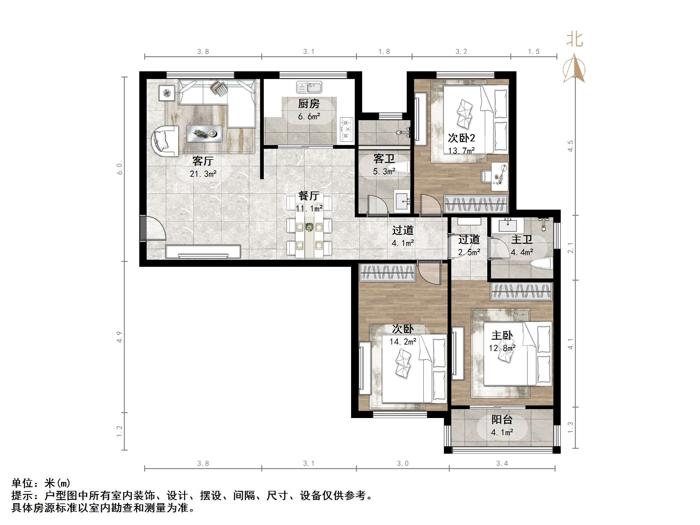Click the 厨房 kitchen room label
(x=309, y=104)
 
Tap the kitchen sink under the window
(x=309, y=87)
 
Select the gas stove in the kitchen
(x=346, y=129)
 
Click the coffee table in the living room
(x=204, y=133)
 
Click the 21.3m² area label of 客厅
(x=203, y=174)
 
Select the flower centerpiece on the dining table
(x=309, y=227)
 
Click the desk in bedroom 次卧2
(x=500, y=176)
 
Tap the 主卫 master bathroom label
(x=521, y=239)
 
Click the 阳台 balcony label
(x=502, y=420)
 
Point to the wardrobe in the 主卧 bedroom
(x=521, y=291)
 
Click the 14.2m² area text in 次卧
(x=402, y=342)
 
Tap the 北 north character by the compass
(x=574, y=40)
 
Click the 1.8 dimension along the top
(x=384, y=51)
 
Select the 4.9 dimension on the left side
(x=119, y=337)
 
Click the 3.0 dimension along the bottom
(x=402, y=463)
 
